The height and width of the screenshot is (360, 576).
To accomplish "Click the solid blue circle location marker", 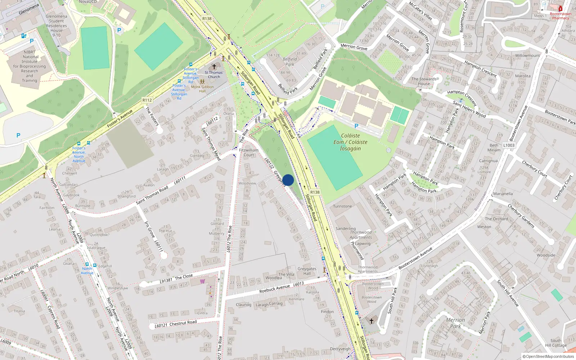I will tap(288, 180).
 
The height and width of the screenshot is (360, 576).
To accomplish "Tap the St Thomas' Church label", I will tap(214, 75).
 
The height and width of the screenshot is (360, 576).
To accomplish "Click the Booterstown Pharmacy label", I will tap(561, 16).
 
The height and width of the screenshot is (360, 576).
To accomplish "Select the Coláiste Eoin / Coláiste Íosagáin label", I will tap(350, 142).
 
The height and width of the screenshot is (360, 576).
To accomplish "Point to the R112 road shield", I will tap(147, 100).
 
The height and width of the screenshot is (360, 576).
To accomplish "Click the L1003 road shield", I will tap(509, 145).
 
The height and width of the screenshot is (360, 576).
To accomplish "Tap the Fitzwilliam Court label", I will tap(249, 153).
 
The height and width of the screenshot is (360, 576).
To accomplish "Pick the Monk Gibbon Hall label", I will tap(202, 89).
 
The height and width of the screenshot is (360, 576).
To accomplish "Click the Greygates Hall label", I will tap(307, 271).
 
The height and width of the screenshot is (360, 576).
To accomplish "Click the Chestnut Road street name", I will tap(183, 323).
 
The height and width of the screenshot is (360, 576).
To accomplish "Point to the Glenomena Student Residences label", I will tap(57, 23).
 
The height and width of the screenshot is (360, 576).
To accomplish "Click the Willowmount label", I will tap(527, 55).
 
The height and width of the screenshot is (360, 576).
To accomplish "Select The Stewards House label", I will tap(424, 81).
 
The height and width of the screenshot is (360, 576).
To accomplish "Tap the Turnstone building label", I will tap(342, 206).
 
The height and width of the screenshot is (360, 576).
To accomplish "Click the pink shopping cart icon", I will tap(203, 281).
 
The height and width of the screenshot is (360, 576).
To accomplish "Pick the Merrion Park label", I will tap(455, 323).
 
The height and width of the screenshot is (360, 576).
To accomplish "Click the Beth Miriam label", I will tap(494, 148).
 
